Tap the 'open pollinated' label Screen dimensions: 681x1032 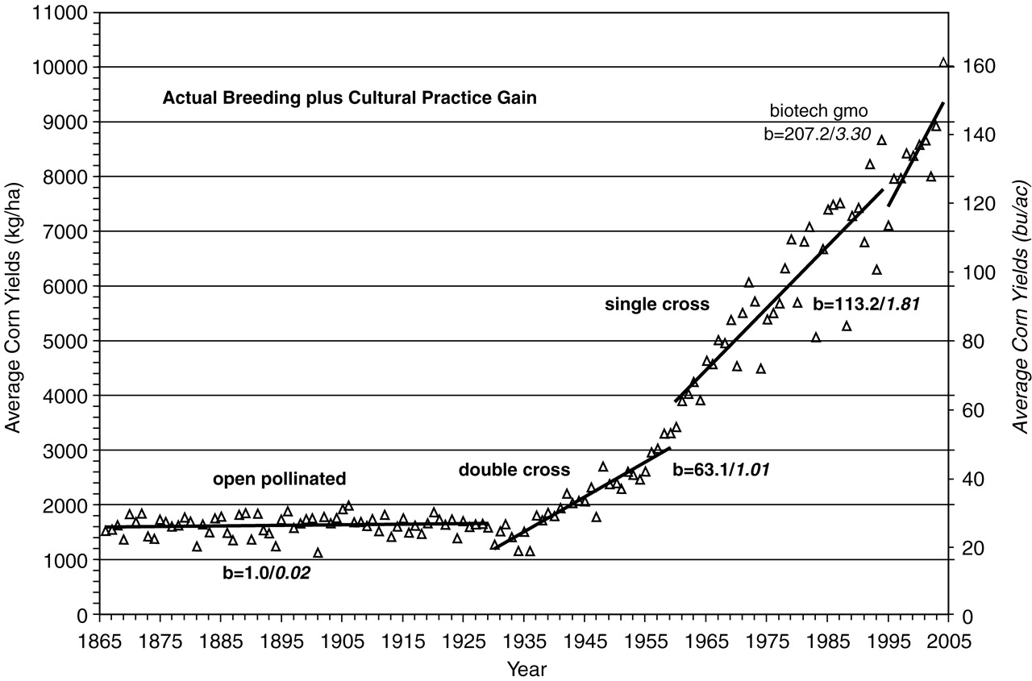tap(279, 480)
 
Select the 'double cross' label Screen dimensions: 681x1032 tap(514, 470)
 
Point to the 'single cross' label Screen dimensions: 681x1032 tap(657, 304)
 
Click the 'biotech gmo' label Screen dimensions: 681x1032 tap(818, 110)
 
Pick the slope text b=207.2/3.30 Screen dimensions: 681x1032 tap(818, 134)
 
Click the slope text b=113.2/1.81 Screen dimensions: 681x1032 tap(867, 305)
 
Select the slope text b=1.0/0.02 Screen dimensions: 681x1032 tap(267, 574)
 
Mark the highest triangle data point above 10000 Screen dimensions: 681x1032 tap(944, 62)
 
